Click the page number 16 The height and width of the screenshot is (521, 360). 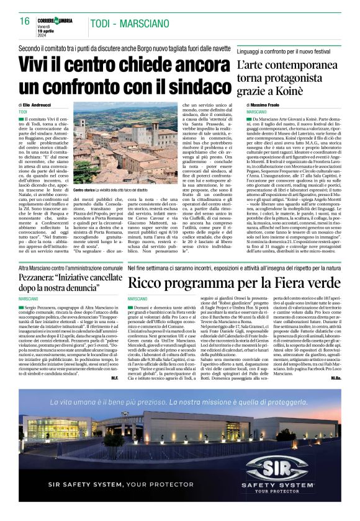point(25,21)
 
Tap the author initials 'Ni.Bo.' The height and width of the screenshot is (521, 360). point(336,360)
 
